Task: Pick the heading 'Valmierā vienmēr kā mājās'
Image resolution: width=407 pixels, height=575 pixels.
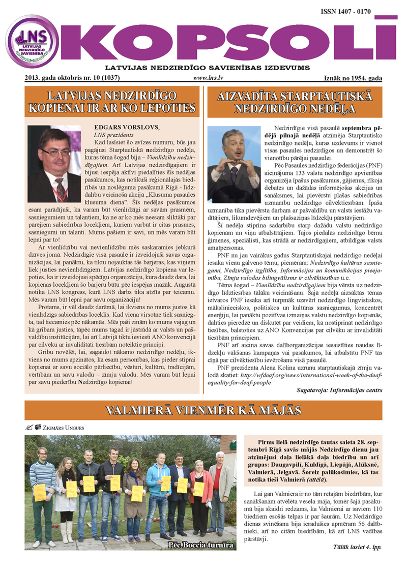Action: tap(203, 410)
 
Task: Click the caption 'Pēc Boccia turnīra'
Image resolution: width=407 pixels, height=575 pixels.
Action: tap(201, 545)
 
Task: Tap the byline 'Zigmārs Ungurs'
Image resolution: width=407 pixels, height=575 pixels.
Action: tap(61, 428)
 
